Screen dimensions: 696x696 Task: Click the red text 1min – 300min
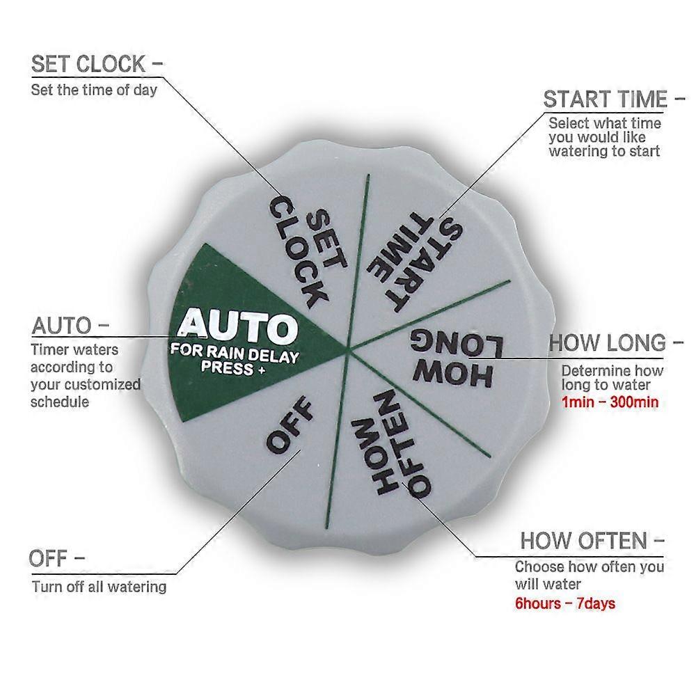610,402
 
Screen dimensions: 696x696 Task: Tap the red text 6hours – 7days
565,603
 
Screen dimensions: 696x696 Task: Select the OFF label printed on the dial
290,425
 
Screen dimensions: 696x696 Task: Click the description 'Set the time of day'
94,90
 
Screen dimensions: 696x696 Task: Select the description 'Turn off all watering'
99,587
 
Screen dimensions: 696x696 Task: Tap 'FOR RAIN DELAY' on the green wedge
235,354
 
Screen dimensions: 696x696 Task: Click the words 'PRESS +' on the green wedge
233,368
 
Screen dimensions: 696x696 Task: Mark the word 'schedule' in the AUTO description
60,402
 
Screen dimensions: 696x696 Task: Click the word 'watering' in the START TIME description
577,151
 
